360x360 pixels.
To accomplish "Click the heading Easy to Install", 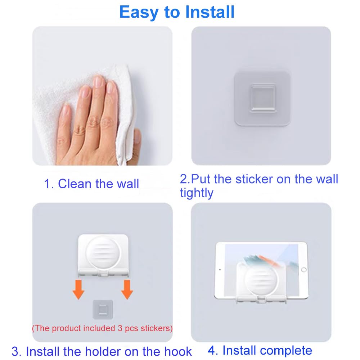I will point(177,12).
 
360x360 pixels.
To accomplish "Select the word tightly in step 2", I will point(197,193).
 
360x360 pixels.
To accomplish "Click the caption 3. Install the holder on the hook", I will point(102,351).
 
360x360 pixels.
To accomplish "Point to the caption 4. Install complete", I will point(260,350).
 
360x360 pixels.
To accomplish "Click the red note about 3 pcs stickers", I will point(102,328).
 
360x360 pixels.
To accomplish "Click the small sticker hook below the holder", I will point(103,309).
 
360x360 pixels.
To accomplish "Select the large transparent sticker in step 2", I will point(262,98).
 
